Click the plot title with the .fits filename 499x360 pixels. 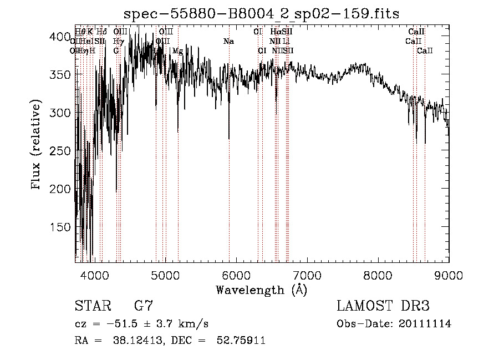[262, 13]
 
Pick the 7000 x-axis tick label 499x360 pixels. [308, 275]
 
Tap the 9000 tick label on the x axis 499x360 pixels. [449, 275]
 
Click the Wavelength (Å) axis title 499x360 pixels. [261, 290]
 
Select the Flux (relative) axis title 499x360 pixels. [37, 146]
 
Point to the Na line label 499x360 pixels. [228, 42]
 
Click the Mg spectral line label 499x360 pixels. [177, 51]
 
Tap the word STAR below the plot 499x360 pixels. [92, 306]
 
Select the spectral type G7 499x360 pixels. [144, 306]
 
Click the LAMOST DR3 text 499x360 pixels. [383, 306]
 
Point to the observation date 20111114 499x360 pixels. [426, 324]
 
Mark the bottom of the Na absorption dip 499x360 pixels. [229, 139]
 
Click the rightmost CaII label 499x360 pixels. [425, 51]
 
